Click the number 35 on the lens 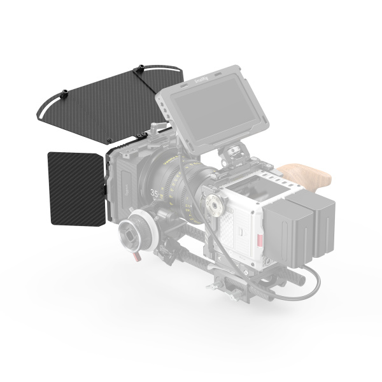tap(154, 192)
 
